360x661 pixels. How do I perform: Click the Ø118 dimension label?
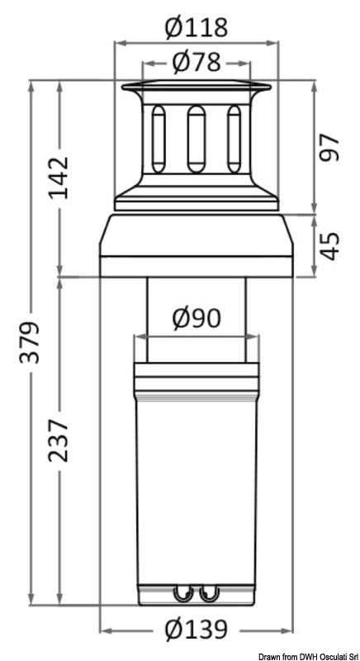click(196, 29)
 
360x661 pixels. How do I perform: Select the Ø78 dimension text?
click(196, 62)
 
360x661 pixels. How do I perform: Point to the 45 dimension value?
click(331, 245)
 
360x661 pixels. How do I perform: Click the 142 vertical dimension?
click(59, 177)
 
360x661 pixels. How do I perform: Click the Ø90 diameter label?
click(196, 319)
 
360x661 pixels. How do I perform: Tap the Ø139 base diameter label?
click(196, 631)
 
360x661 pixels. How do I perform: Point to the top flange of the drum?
click(196, 88)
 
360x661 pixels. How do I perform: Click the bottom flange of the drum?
click(196, 200)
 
